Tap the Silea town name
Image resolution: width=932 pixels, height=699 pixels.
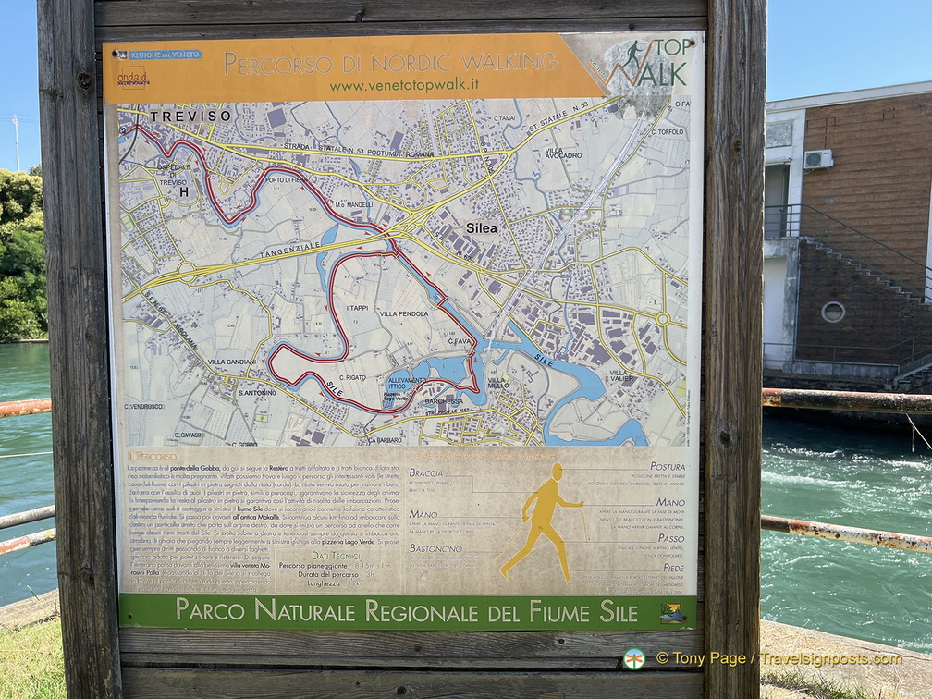tap(481, 227)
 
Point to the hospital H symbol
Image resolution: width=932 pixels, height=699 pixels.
tap(183, 192)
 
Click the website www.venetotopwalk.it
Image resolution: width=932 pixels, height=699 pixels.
tap(404, 85)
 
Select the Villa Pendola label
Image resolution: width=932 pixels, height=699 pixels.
tap(401, 314)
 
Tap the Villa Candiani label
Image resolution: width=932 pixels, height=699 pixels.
tap(231, 362)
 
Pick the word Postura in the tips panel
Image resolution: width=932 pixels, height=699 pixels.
tap(668, 467)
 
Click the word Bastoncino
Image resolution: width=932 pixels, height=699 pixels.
tap(436, 548)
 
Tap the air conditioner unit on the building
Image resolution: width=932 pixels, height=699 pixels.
tap(817, 159)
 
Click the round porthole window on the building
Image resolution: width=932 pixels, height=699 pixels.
tap(832, 312)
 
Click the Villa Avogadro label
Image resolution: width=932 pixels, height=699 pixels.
tap(563, 153)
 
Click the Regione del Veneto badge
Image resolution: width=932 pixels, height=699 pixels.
tap(159, 55)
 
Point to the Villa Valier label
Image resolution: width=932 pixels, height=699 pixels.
tap(620, 377)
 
